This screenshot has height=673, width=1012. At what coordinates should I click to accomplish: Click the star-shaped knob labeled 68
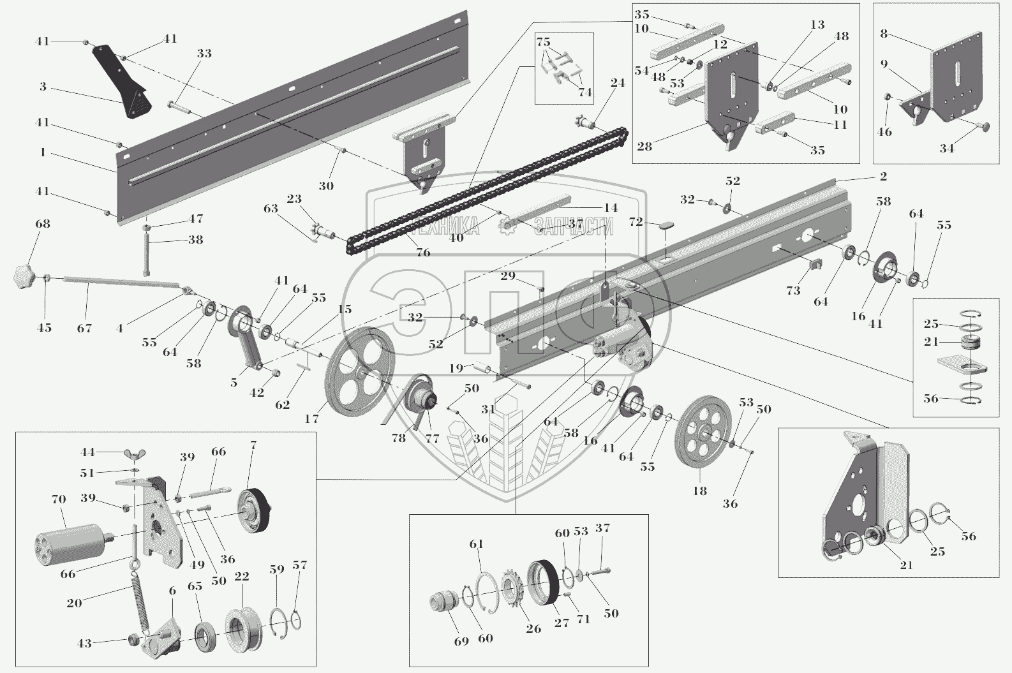point(24,278)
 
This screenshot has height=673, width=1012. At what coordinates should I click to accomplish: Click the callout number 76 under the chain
point(422,253)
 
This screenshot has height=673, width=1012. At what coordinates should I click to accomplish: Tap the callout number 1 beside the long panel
point(43,152)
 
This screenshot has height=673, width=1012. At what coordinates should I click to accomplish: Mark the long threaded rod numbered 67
point(121,285)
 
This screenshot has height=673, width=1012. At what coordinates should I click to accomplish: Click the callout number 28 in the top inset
point(644,147)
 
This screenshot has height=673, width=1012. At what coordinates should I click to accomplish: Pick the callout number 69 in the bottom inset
point(461,641)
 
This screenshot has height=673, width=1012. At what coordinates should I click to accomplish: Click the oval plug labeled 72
point(666,225)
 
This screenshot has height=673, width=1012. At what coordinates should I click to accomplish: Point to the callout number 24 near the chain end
point(617,82)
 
